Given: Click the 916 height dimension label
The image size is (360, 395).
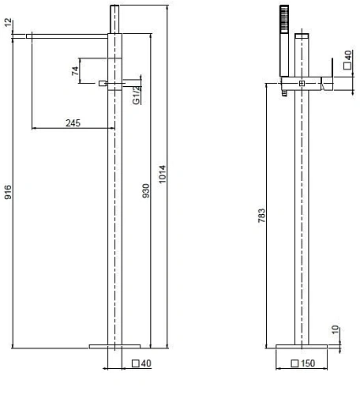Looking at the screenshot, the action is (8, 192).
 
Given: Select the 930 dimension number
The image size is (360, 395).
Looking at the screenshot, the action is (146, 190).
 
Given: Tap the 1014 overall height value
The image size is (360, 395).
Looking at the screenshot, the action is (162, 174).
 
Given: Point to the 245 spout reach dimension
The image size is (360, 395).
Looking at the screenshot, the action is (73, 123).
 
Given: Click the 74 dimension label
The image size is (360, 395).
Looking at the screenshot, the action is (75, 70).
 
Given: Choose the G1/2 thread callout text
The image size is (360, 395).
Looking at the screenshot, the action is (137, 95).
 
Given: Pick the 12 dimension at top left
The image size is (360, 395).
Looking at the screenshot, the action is (8, 22).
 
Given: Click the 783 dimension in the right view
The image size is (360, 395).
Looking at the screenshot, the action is (261, 216).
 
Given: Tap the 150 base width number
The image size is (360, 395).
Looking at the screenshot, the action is (308, 363).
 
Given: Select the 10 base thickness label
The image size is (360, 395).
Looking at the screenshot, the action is (335, 329).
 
